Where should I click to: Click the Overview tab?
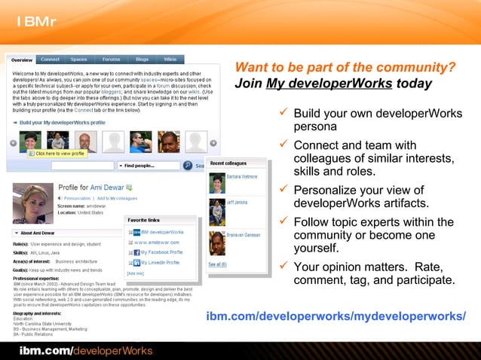click(22, 59)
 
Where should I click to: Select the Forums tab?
click(111, 59)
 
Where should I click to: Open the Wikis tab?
click(170, 59)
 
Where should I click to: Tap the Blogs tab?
click(142, 59)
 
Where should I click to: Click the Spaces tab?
click(79, 59)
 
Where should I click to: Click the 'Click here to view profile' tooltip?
click(57, 154)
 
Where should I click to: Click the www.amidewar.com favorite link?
click(158, 243)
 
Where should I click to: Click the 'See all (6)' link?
click(218, 264)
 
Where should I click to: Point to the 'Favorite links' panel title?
click(144, 220)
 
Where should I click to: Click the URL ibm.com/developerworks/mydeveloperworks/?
click(335, 315)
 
